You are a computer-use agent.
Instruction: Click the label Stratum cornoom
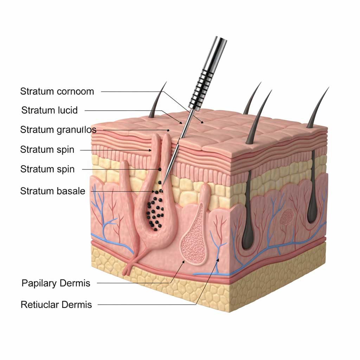click(57, 91)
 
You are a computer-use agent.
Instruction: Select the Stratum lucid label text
click(49, 110)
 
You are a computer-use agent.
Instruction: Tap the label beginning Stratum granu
click(58, 130)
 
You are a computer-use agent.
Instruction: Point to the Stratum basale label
click(53, 191)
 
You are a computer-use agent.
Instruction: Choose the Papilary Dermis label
click(56, 283)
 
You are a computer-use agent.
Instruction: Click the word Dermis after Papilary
click(76, 283)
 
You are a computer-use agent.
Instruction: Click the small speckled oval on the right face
click(287, 216)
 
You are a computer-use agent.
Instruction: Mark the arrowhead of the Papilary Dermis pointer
click(183, 262)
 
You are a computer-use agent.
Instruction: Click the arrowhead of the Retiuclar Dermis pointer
click(218, 260)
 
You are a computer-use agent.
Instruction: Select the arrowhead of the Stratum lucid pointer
click(181, 123)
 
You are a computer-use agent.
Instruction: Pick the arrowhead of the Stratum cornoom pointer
click(202, 122)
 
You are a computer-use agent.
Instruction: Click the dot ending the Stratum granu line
click(168, 130)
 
